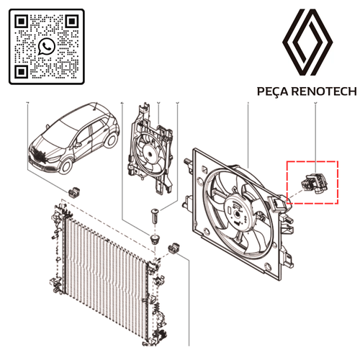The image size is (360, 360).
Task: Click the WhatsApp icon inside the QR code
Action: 46,46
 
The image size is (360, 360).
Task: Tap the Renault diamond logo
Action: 307,42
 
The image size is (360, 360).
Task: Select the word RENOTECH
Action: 325,91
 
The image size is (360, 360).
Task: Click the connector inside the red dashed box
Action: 315,183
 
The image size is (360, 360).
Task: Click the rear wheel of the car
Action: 112,140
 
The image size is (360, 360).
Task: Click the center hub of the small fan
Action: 150,154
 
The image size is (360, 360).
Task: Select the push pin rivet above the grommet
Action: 155,216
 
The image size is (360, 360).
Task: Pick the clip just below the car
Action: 74,192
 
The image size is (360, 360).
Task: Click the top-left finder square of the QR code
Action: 22,22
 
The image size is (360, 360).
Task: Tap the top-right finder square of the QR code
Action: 71,22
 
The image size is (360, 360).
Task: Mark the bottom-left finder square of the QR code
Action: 22,71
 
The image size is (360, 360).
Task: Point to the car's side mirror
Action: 78,145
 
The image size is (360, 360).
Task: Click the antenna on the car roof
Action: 96,107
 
